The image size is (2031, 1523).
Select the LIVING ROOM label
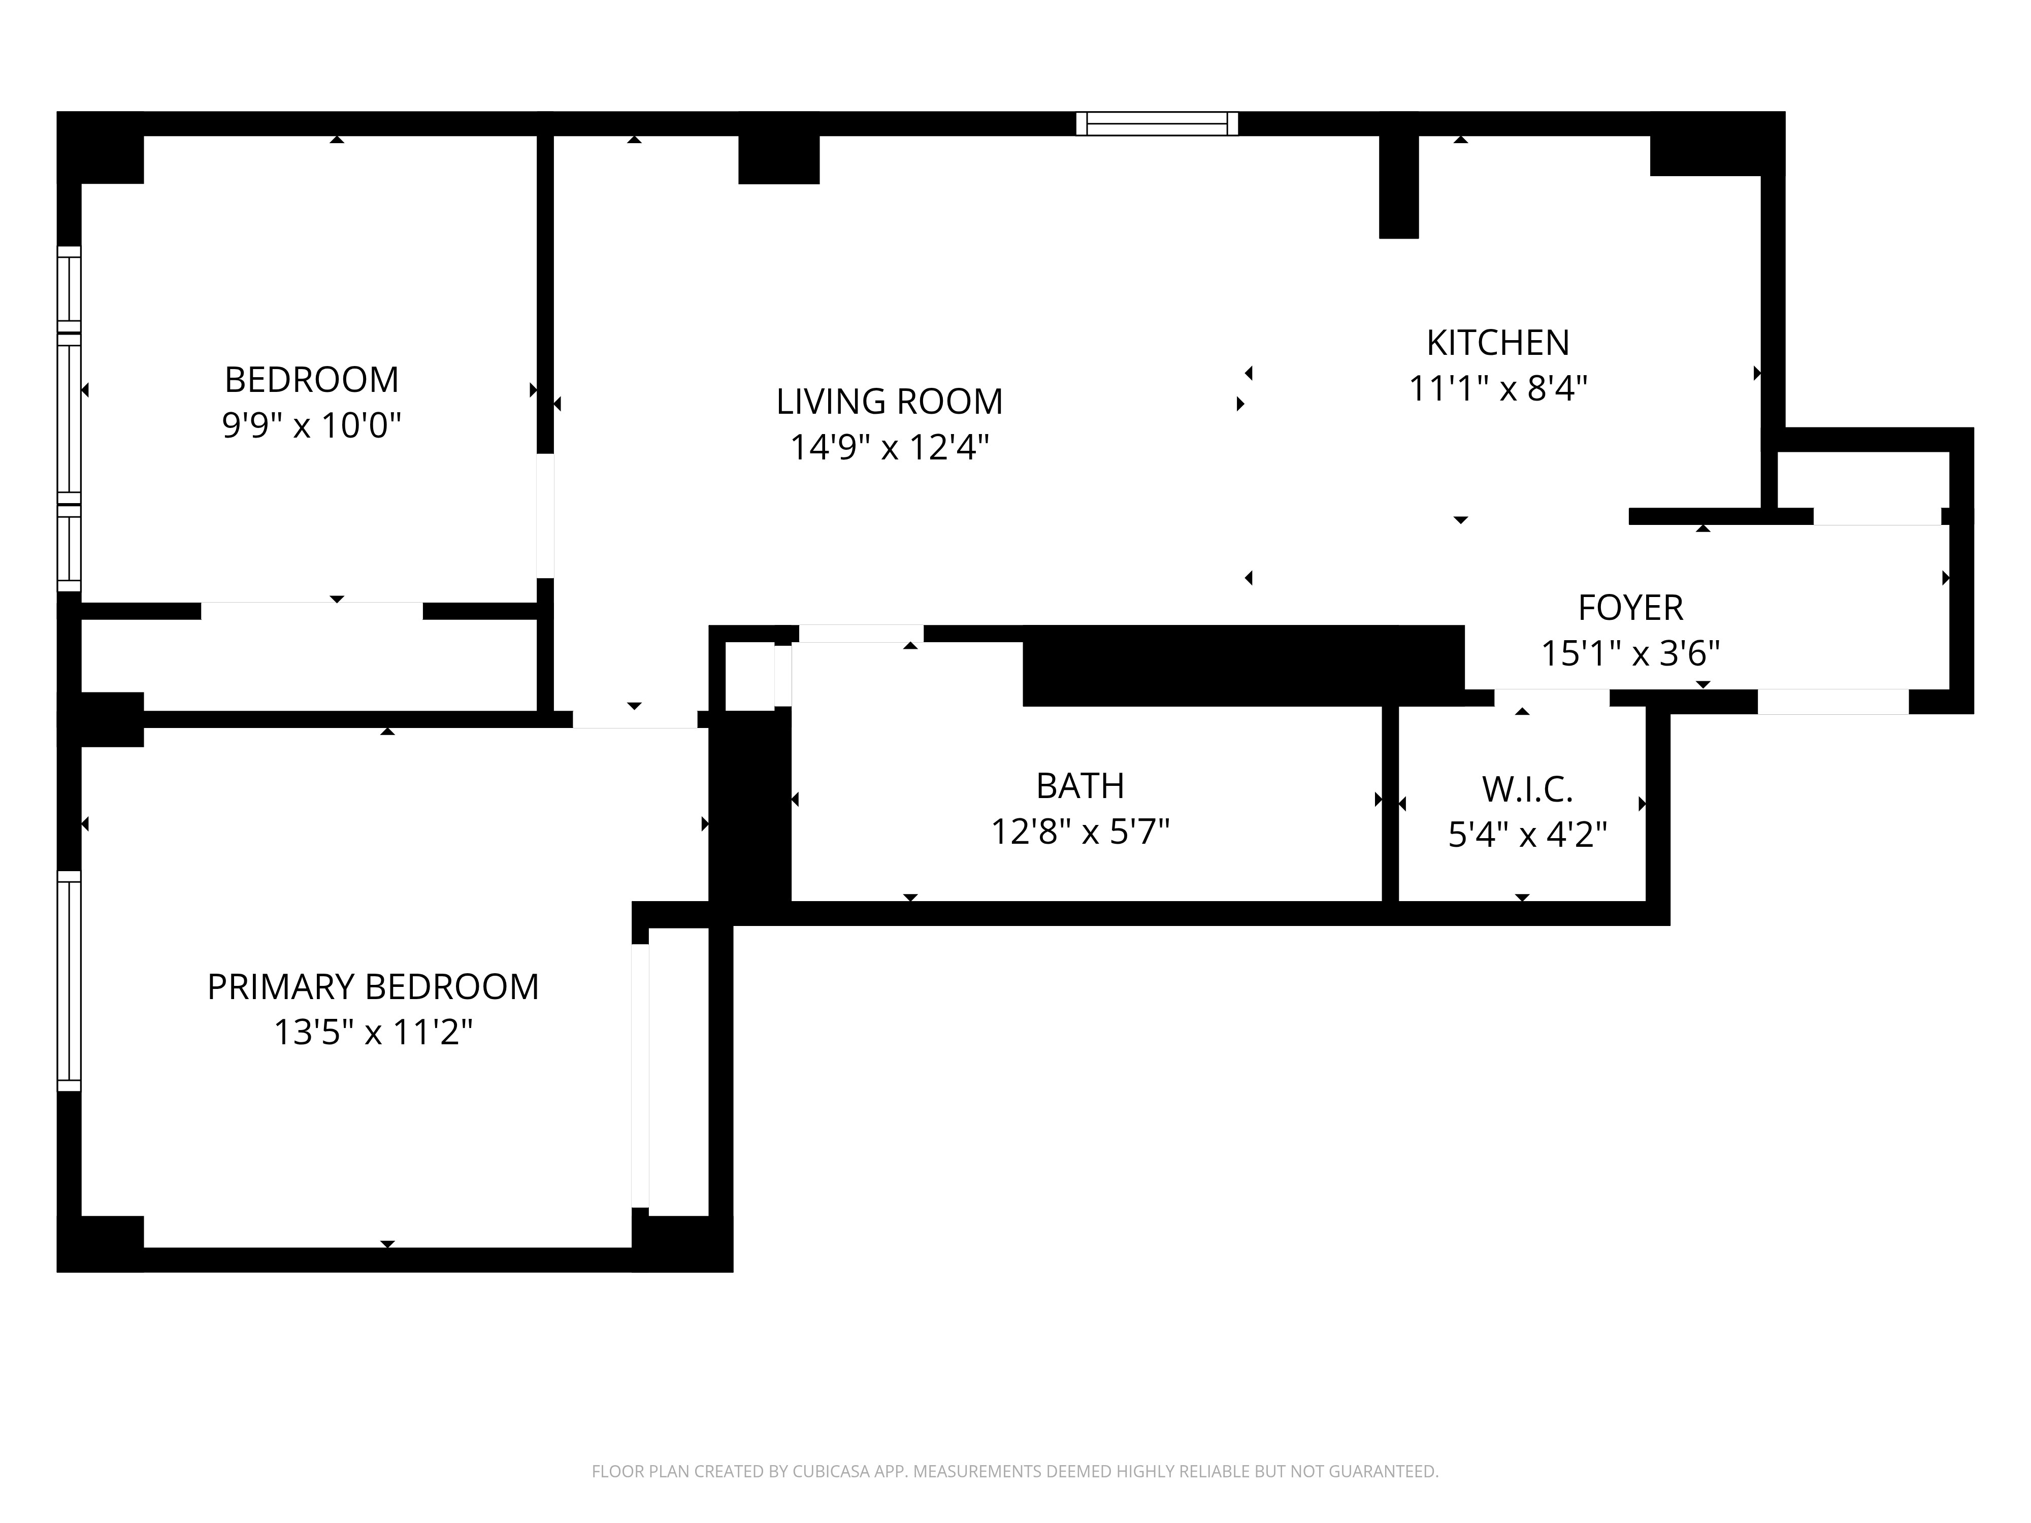click(x=889, y=401)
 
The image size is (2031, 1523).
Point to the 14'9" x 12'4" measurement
click(x=889, y=447)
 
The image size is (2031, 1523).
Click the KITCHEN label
click(x=1497, y=343)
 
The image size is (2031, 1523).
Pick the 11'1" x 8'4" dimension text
click(x=1497, y=388)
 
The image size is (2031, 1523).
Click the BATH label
click(x=1080, y=786)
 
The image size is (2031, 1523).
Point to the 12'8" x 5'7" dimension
click(x=1080, y=832)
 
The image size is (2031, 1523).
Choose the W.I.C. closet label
click(x=1527, y=788)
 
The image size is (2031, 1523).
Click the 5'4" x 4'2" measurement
click(x=1527, y=835)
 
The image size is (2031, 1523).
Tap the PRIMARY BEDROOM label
click(x=373, y=987)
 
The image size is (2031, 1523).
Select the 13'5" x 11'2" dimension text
click(x=373, y=1033)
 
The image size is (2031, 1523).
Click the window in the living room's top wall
click(x=1157, y=124)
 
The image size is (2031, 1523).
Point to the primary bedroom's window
click(x=69, y=980)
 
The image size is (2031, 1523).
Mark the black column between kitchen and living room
click(x=1398, y=186)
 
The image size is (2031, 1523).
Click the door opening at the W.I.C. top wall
click(x=1552, y=698)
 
